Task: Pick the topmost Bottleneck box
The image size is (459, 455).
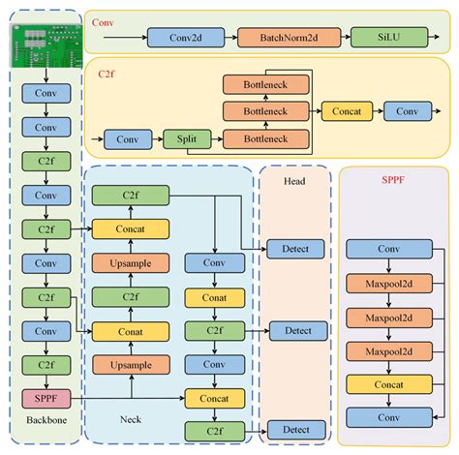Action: click(266, 85)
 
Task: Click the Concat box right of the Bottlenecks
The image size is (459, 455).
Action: click(346, 112)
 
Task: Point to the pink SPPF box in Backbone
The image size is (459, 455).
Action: click(39, 397)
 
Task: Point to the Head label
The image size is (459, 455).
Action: click(295, 180)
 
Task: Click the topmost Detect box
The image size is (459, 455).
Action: click(295, 249)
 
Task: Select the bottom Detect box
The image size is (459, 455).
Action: click(295, 429)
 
